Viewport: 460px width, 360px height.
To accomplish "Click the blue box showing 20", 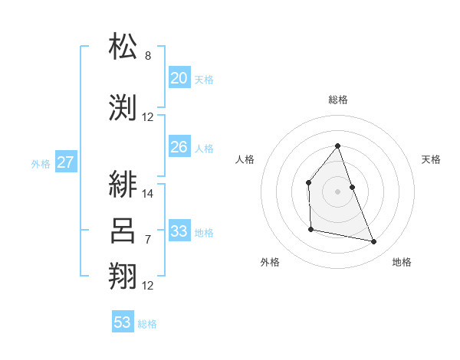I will point(179,77).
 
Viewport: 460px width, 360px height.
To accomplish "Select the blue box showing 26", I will point(179,147).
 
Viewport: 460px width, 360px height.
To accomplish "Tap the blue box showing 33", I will point(179,231).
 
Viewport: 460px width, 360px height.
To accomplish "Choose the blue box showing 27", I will point(65,162).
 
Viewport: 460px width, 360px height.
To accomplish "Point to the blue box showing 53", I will point(123,322).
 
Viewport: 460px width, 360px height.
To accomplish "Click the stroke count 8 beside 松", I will point(148,56).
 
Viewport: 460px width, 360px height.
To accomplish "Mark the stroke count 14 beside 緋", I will point(148,194).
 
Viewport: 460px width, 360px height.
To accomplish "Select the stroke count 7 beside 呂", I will point(148,240).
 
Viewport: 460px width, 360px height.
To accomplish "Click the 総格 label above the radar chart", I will point(337,100).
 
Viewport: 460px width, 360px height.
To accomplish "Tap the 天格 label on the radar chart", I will point(432,159).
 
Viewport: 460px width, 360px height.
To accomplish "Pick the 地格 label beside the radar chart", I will point(402,262).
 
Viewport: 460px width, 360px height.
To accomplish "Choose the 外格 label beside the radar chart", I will point(270,262).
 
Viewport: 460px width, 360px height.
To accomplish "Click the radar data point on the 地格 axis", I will point(374,242).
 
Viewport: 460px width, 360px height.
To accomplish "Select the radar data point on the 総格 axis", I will point(337,146).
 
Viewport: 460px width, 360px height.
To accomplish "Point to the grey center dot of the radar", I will point(337,191).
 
